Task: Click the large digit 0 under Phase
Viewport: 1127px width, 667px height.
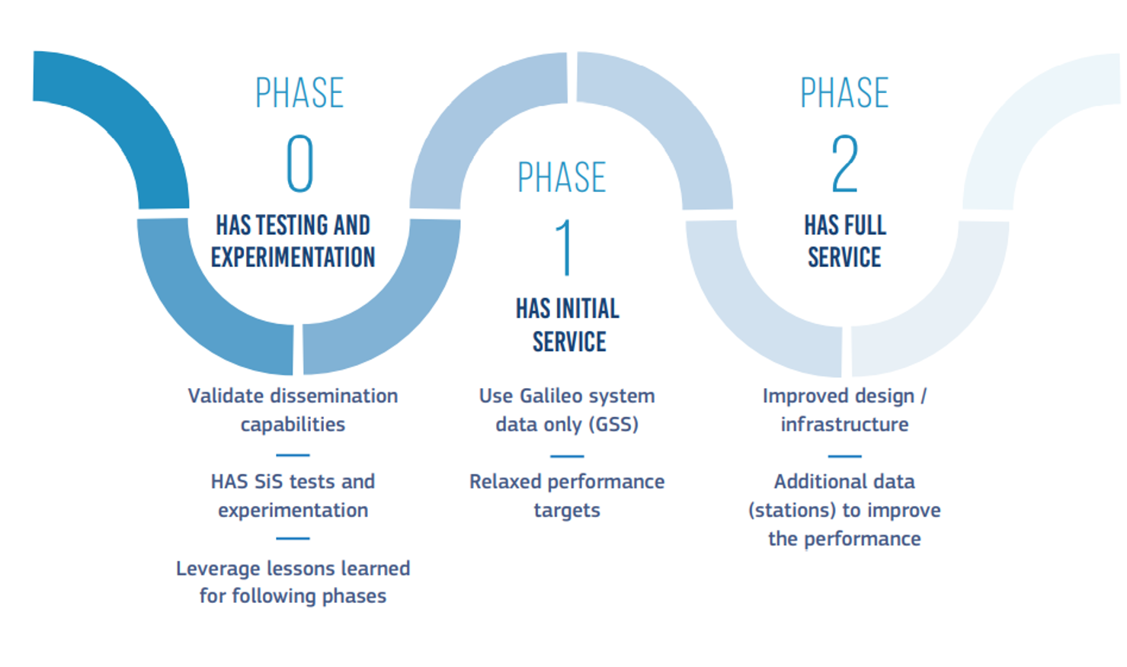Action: pyautogui.click(x=300, y=164)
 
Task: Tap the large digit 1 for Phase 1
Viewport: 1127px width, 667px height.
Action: pyautogui.click(x=565, y=248)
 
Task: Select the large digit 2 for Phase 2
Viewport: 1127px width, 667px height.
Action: pyautogui.click(x=845, y=164)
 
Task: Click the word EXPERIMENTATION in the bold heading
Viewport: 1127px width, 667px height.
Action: pyautogui.click(x=293, y=257)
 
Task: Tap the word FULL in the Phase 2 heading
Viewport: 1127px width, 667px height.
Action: pyautogui.click(x=864, y=225)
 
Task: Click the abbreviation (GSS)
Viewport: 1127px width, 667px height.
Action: pyautogui.click(x=614, y=425)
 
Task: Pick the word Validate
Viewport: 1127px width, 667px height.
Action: pyautogui.click(x=226, y=396)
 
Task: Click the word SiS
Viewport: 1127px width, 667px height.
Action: pyautogui.click(x=267, y=482)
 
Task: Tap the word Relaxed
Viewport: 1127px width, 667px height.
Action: pyautogui.click(x=505, y=482)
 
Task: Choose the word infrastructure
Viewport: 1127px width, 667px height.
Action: pyautogui.click(x=845, y=425)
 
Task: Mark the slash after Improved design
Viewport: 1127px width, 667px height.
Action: pyautogui.click(x=924, y=396)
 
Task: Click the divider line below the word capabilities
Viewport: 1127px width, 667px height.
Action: pyautogui.click(x=293, y=455)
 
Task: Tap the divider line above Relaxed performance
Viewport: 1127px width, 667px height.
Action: pyautogui.click(x=567, y=456)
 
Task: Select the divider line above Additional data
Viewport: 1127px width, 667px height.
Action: pyautogui.click(x=845, y=456)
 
